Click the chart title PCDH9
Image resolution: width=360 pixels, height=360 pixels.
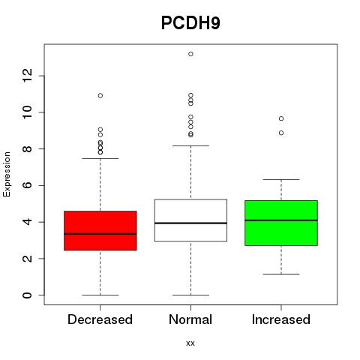click(x=190, y=23)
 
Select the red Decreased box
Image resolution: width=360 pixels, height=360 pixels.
click(x=100, y=230)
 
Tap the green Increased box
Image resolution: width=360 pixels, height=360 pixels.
click(x=281, y=223)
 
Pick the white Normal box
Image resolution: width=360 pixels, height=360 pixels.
click(x=190, y=220)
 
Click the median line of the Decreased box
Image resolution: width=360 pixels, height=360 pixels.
click(x=100, y=234)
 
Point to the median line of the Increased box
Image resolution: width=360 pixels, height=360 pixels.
click(x=281, y=220)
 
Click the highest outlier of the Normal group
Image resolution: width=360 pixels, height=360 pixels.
click(x=190, y=54)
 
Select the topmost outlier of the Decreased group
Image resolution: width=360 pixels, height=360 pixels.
click(x=100, y=95)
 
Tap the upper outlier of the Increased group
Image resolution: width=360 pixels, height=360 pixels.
click(x=281, y=118)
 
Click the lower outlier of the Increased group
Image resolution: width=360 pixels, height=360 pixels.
click(x=281, y=133)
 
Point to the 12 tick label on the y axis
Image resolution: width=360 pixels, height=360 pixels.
click(x=27, y=76)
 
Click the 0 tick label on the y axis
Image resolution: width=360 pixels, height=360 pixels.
click(x=27, y=295)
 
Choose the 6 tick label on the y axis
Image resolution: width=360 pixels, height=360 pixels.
click(x=27, y=185)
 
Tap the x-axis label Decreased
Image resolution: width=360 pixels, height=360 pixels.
click(x=100, y=319)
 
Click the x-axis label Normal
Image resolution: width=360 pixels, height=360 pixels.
click(x=190, y=319)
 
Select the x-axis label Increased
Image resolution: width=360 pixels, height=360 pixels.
click(x=281, y=319)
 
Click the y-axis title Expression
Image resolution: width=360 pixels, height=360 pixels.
click(x=7, y=174)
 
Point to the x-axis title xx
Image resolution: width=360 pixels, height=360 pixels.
click(x=190, y=343)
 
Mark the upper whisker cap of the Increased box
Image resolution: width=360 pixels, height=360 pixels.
click(x=281, y=179)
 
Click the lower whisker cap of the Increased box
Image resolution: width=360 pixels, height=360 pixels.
click(x=281, y=274)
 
